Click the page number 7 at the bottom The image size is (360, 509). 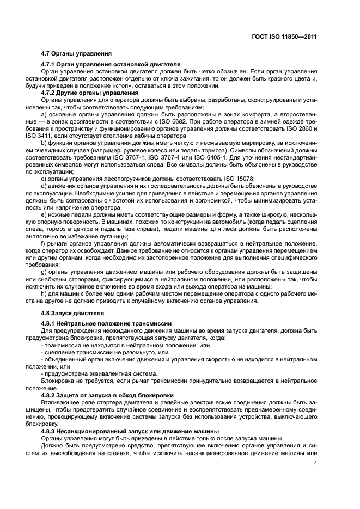point(315,463)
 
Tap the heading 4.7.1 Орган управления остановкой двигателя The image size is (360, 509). point(111,64)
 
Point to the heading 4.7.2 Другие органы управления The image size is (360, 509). point(90,93)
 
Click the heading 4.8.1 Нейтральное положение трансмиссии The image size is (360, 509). point(106,323)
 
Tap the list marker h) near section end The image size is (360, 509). point(44,293)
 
